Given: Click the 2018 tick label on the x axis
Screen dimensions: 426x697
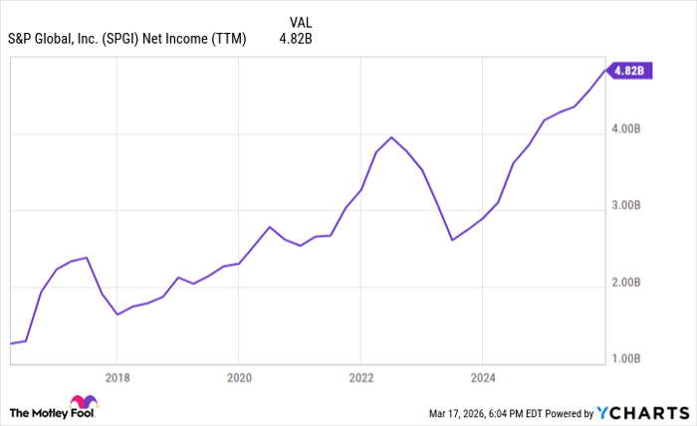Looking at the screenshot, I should [x=116, y=377].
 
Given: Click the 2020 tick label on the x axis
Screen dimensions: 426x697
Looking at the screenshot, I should [x=238, y=377].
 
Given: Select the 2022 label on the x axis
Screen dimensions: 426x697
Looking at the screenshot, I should [x=360, y=377].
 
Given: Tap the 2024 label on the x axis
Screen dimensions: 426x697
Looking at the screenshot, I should [x=482, y=377].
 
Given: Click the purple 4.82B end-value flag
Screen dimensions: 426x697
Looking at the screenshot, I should [x=631, y=71].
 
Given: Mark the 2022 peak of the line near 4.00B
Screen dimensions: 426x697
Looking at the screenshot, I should [x=391, y=137].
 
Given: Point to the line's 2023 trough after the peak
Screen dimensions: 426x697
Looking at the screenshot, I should [x=452, y=240].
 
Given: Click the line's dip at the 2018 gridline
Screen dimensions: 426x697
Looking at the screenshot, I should [x=117, y=315].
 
